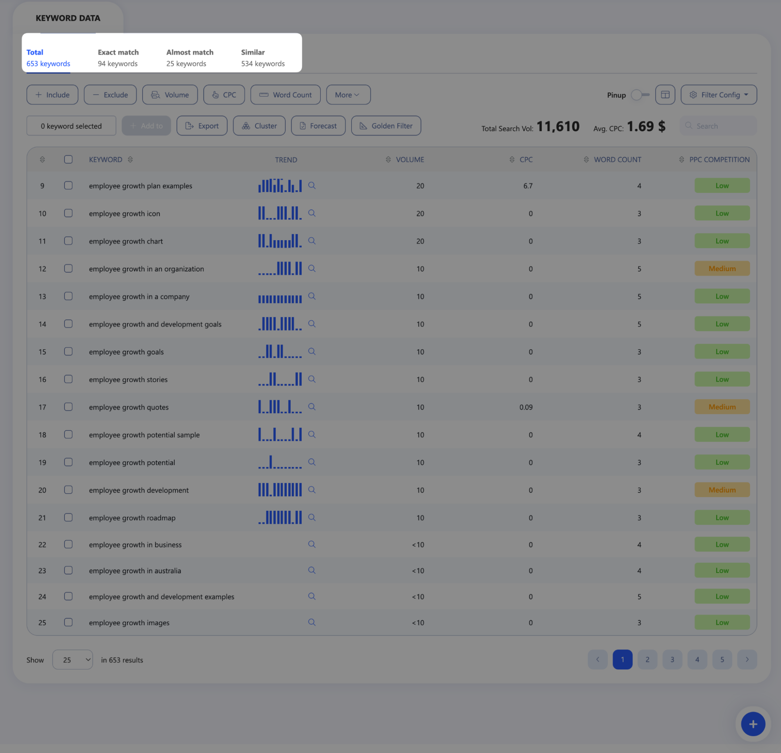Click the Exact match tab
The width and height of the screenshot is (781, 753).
coord(118,58)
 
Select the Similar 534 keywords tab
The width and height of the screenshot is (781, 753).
coord(263,58)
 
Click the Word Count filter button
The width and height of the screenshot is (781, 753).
coord(285,95)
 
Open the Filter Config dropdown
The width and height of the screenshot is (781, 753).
coord(718,95)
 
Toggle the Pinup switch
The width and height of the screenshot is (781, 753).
coord(640,95)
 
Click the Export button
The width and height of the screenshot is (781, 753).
coord(202,126)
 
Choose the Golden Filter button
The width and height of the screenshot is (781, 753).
coord(386,126)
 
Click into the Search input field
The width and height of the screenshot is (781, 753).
coord(718,126)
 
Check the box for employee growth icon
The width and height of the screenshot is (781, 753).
coord(68,213)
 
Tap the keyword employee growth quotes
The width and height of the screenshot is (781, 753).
coord(129,407)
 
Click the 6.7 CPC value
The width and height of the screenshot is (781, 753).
coord(527,186)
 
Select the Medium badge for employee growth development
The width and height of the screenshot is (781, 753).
coord(722,490)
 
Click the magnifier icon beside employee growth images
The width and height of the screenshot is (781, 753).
coord(312,622)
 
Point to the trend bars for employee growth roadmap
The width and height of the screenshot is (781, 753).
coord(280,517)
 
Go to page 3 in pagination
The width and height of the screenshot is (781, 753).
coord(672,660)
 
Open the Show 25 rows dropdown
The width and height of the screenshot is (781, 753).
coord(73,660)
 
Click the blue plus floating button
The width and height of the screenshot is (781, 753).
coord(753,724)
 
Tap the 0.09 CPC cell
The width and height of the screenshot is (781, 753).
coord(525,407)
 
